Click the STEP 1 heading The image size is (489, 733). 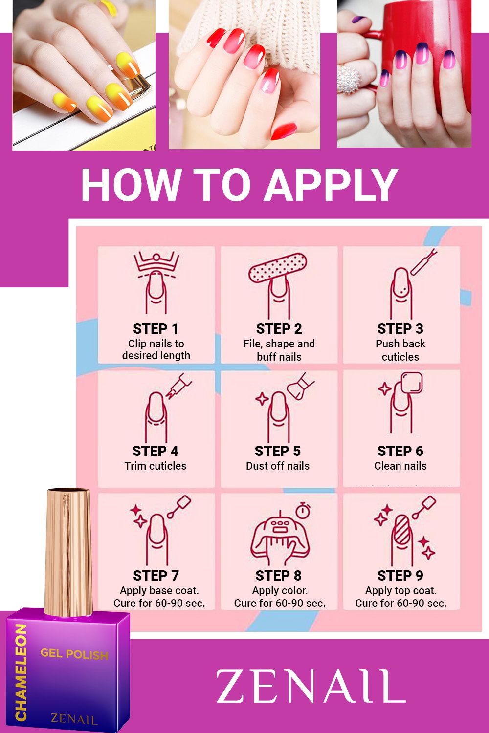[x=156, y=329]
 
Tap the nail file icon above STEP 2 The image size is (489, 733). [x=278, y=268]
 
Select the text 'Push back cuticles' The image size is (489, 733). [x=400, y=350]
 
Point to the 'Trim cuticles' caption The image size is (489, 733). [x=155, y=466]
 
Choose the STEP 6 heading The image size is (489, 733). [x=400, y=451]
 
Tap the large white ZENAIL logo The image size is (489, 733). [x=311, y=686]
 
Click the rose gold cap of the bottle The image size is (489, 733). [x=68, y=551]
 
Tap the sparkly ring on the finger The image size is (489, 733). [x=350, y=80]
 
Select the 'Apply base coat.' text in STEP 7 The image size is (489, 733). [x=159, y=590]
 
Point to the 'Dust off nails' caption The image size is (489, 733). [x=278, y=466]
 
